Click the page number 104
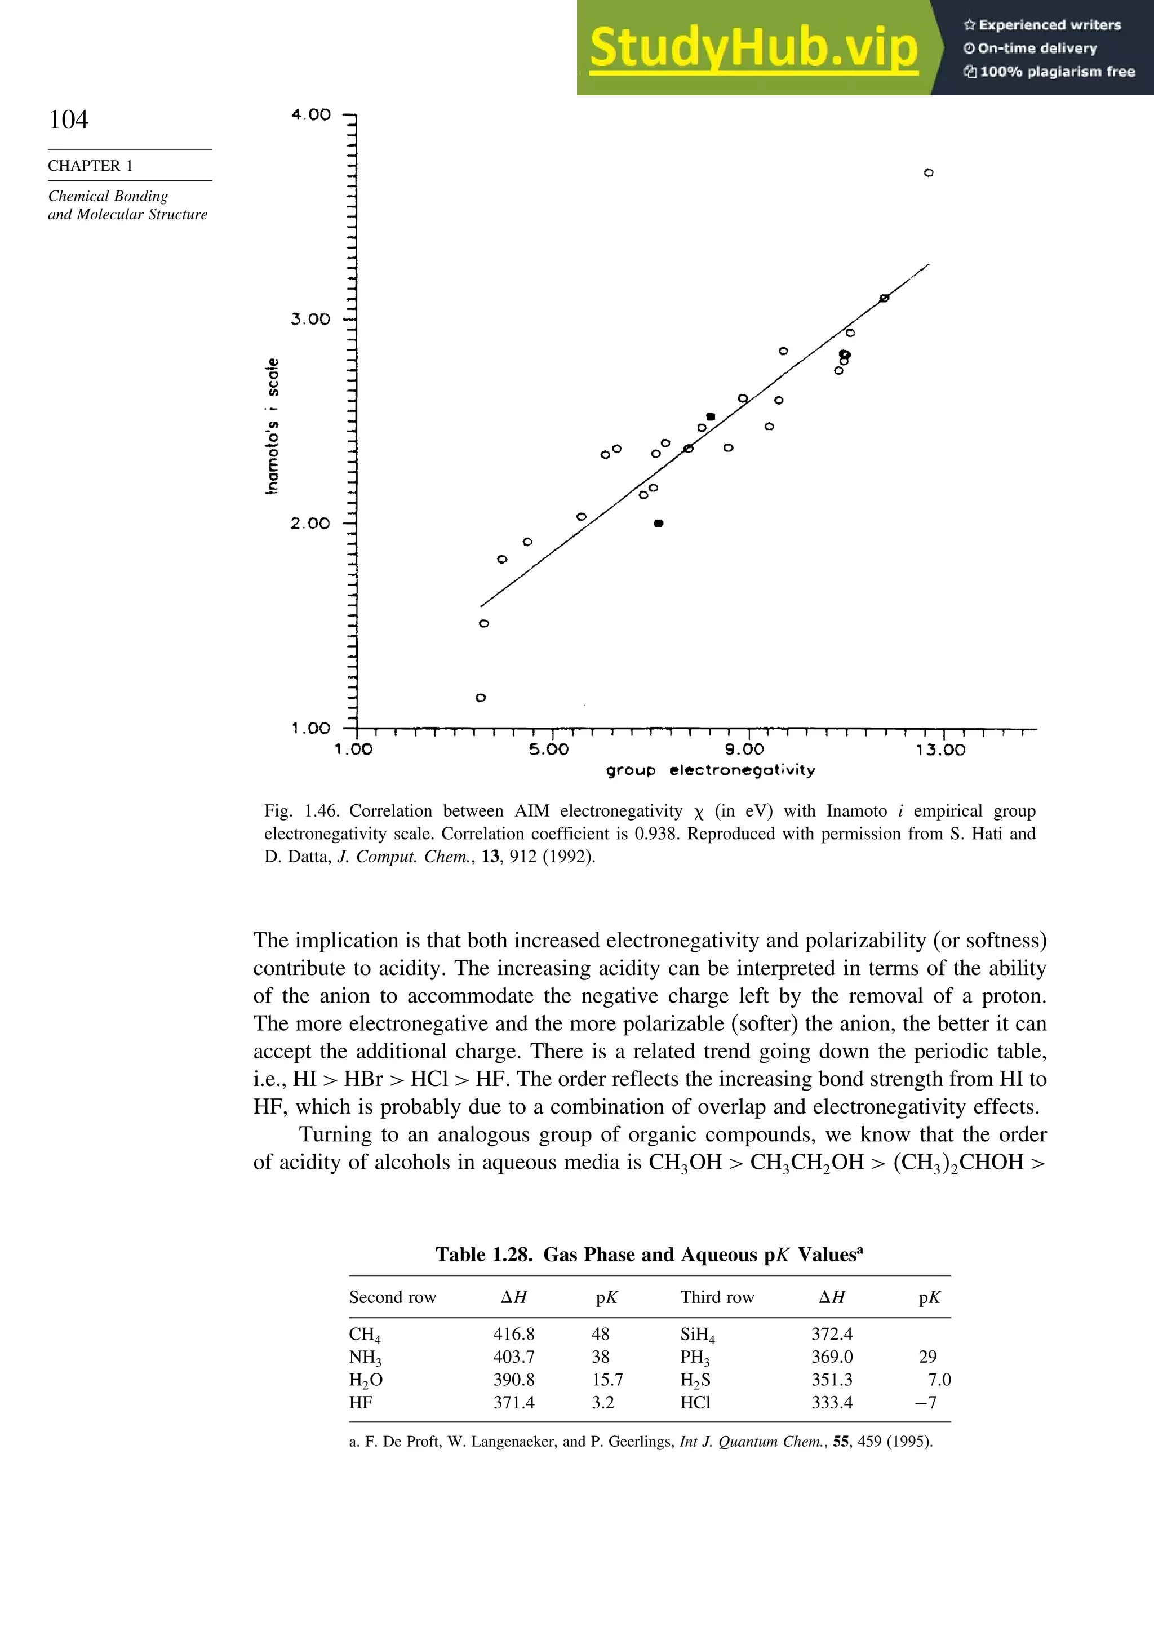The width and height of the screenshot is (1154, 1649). point(69,119)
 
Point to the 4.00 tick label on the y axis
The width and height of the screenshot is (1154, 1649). point(311,115)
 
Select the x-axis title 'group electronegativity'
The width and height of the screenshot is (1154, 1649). point(710,770)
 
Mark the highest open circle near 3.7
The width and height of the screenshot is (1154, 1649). point(929,173)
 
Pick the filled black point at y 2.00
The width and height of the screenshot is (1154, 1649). point(659,524)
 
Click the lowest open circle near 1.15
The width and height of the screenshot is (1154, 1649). point(481,697)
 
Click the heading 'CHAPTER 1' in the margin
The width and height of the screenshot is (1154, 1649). point(91,166)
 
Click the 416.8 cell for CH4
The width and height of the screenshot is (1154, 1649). point(513,1334)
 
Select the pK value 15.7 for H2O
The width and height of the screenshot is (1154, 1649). point(607,1380)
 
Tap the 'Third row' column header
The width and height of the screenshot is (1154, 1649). point(717,1297)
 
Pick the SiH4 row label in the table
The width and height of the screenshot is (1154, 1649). point(696,1335)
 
